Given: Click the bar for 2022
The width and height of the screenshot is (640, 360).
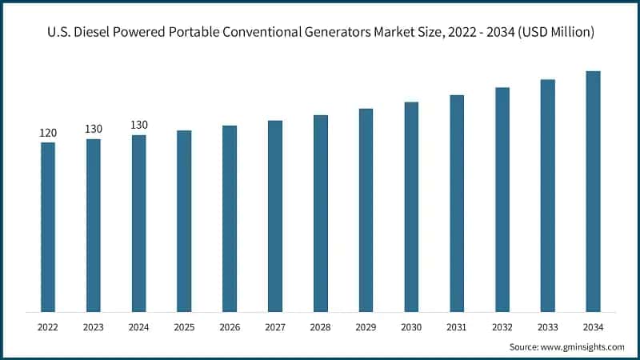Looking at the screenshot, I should (x=48, y=227).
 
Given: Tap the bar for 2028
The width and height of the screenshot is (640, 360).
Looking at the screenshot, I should (x=320, y=214).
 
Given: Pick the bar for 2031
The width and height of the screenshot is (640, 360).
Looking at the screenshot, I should (x=457, y=203).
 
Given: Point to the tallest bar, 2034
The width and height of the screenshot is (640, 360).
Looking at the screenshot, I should (x=593, y=191).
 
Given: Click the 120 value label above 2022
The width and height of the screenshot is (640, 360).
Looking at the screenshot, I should (x=48, y=133).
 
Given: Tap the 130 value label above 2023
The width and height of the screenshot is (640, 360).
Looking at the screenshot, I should (x=94, y=129).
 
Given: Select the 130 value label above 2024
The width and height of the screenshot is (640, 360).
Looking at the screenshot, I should (x=138, y=125).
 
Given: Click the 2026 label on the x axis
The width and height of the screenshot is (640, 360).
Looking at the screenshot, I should (x=230, y=326).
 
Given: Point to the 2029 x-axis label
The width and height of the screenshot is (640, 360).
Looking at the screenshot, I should (x=366, y=326).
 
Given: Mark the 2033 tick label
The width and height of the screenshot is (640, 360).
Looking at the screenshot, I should (x=547, y=326).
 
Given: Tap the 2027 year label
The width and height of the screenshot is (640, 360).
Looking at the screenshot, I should (x=274, y=326).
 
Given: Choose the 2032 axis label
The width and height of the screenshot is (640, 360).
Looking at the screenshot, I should (x=502, y=326).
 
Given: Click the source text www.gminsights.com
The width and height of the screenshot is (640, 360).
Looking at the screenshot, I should (x=584, y=346).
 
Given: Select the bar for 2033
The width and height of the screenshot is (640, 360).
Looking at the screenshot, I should (x=547, y=195).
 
